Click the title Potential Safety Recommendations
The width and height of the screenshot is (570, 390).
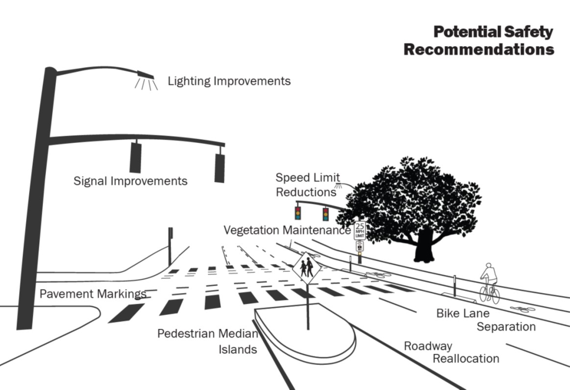coord(479,41)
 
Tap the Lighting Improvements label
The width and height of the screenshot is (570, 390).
coord(229,81)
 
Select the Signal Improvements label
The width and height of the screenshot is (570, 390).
coord(130,181)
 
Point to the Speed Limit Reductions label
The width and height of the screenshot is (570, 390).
coord(307,185)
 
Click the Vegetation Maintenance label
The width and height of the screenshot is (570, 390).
coord(287,230)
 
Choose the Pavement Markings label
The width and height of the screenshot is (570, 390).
coord(93,294)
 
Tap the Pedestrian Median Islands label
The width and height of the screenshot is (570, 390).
coord(207,341)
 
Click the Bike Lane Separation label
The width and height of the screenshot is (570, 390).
coord(486,319)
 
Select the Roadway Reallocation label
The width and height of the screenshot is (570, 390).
coord(451,352)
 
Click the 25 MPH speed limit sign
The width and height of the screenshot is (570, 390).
coord(360,230)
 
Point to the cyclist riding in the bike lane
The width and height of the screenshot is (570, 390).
coord(489,282)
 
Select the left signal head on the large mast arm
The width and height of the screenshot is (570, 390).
coord(135,157)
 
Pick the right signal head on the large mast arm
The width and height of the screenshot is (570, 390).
coord(220,168)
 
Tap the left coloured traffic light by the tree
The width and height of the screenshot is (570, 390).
coord(297,213)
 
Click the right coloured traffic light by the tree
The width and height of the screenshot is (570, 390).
coord(325,214)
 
